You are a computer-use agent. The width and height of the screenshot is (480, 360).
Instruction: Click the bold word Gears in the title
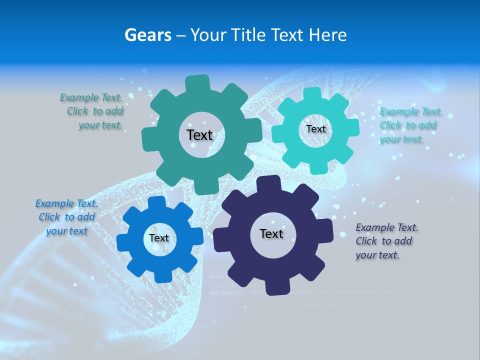148,35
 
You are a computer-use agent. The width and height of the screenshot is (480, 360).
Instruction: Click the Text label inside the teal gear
199,135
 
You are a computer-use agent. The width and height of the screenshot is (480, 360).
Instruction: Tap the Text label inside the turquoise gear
315,129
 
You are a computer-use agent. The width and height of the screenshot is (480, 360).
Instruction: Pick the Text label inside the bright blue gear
159,238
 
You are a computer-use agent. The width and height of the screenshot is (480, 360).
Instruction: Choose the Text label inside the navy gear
271,233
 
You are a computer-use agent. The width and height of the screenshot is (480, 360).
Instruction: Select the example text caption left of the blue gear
66,217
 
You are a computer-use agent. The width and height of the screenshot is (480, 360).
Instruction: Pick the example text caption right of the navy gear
386,241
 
